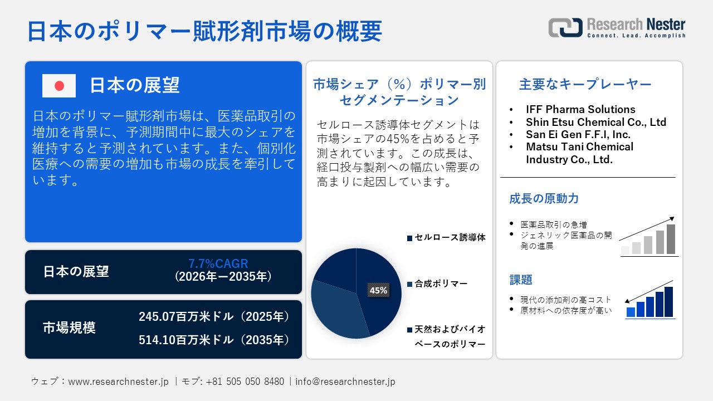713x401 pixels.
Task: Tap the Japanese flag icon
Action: tap(59, 85)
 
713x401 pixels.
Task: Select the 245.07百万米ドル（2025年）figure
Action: tap(214, 317)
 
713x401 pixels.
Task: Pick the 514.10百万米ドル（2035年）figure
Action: tap(214, 340)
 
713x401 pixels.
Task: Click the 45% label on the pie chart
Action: tap(378, 290)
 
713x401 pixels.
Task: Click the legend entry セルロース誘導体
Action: tap(450, 238)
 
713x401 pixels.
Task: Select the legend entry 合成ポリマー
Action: tap(441, 284)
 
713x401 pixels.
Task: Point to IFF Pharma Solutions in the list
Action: tap(580, 109)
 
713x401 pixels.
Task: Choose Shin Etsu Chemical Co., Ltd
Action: tap(596, 122)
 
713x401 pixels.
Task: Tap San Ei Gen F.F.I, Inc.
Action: tap(578, 134)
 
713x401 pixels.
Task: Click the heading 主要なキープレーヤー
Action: tap(585, 85)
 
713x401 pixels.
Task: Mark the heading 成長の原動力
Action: tap(544, 199)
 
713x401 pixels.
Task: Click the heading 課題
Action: tap(521, 280)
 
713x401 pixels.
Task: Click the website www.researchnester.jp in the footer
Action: tap(118, 382)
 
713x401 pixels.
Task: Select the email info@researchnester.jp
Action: tap(345, 382)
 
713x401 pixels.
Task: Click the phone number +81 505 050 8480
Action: tap(245, 382)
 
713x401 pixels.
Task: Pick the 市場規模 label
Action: tap(69, 328)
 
